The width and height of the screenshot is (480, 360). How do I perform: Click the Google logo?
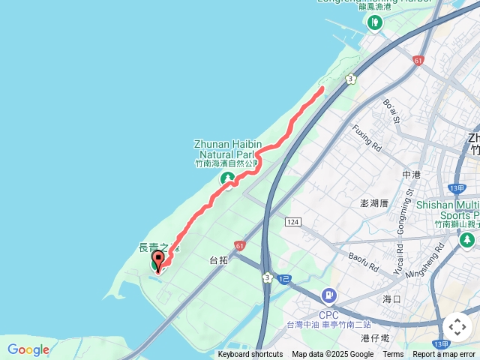[28, 349]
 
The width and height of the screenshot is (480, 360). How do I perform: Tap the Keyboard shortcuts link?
[250, 355]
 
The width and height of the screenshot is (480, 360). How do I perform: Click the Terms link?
[393, 355]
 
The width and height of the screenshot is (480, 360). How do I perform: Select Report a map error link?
[444, 355]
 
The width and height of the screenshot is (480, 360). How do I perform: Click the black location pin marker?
[158, 258]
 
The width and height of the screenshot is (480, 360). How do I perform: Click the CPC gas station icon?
[328, 297]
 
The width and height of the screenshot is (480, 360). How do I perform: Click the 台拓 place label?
[218, 260]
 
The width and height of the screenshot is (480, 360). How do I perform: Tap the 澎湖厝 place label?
[374, 203]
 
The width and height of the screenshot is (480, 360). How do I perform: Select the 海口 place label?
[392, 298]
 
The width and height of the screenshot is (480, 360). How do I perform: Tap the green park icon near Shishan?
[467, 240]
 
